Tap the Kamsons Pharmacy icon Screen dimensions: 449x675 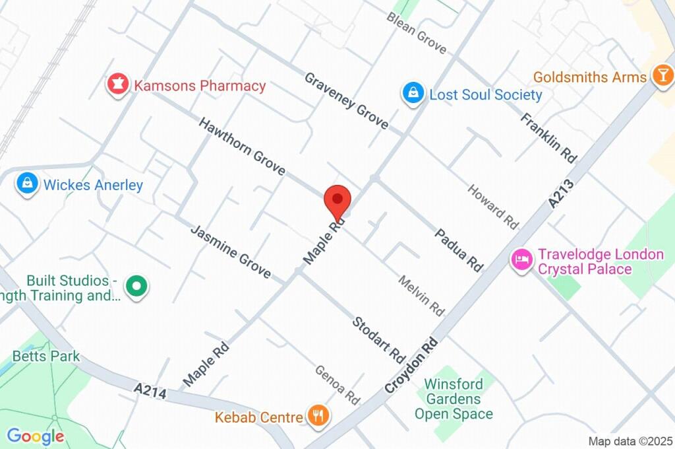[x=117, y=85]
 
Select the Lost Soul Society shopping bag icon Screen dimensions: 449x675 [x=413, y=94]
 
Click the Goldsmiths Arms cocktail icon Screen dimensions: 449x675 [x=660, y=77]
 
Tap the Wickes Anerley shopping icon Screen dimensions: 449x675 [x=28, y=184]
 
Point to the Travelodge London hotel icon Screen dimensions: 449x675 [x=521, y=259]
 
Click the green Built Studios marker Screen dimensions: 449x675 [x=137, y=287]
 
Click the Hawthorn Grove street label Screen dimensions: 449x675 [x=242, y=147]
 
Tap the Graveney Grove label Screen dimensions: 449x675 [x=346, y=100]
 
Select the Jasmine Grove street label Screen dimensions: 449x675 [x=230, y=252]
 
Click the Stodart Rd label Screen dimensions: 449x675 [x=378, y=339]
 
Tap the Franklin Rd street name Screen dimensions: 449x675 [x=548, y=138]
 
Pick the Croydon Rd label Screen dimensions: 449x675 [x=411, y=366]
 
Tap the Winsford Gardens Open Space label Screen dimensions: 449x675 [x=453, y=399]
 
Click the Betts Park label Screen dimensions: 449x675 [x=46, y=356]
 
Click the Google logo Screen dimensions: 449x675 [x=36, y=436]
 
